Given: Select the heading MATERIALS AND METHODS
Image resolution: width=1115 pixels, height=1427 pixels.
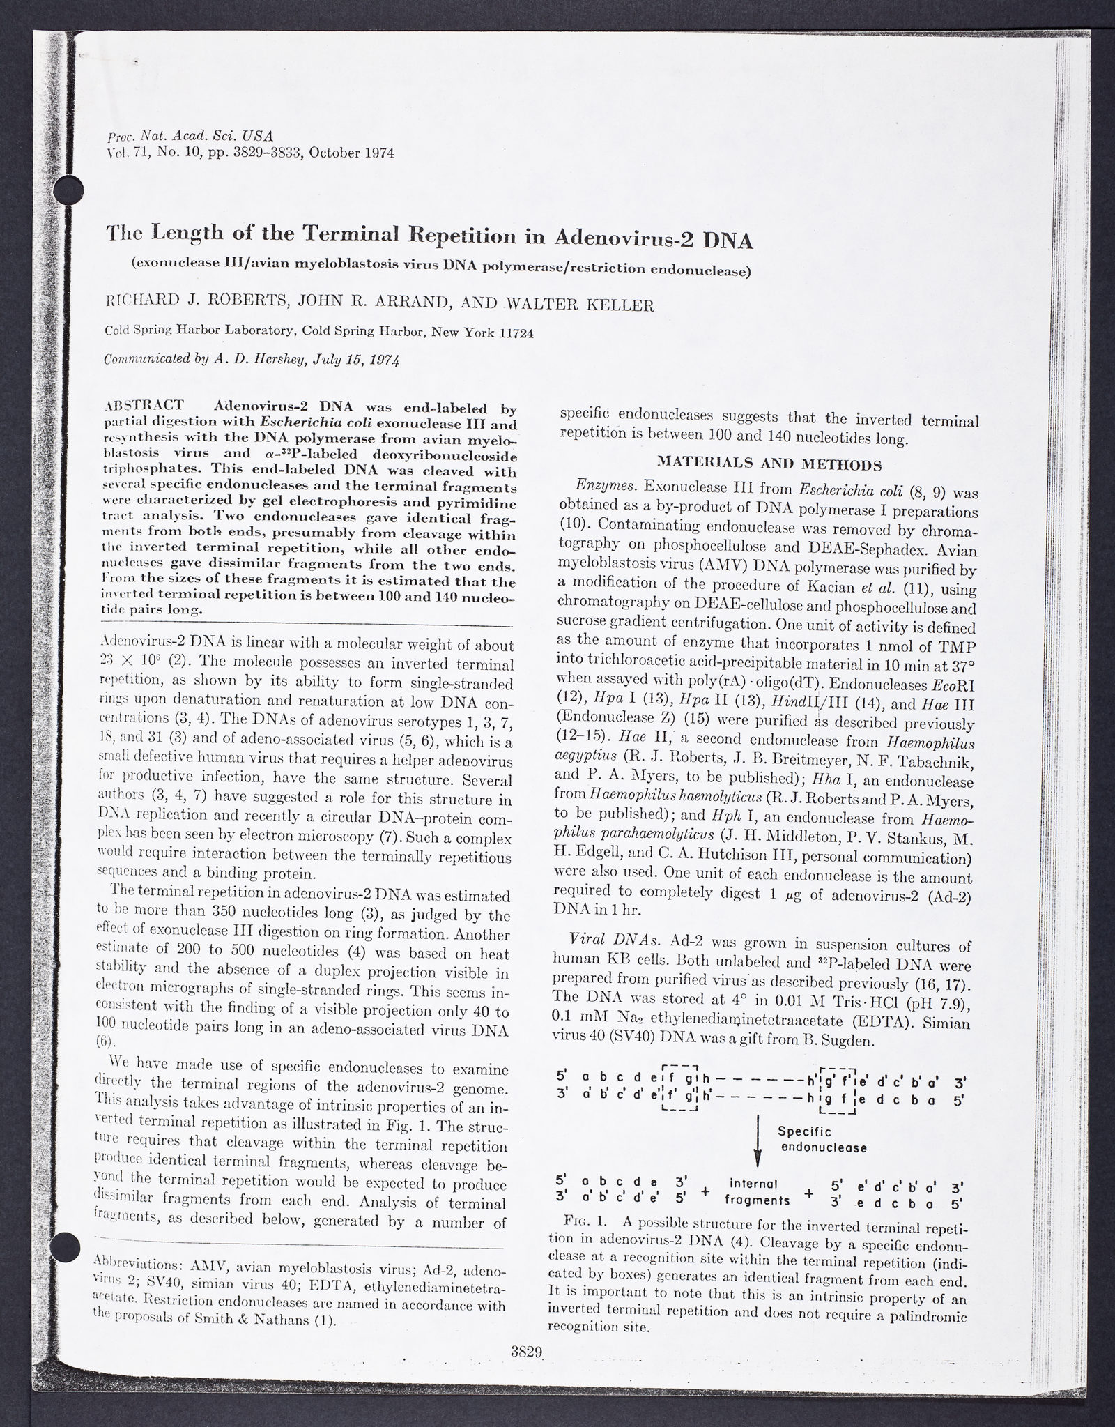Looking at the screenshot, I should tap(770, 462).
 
